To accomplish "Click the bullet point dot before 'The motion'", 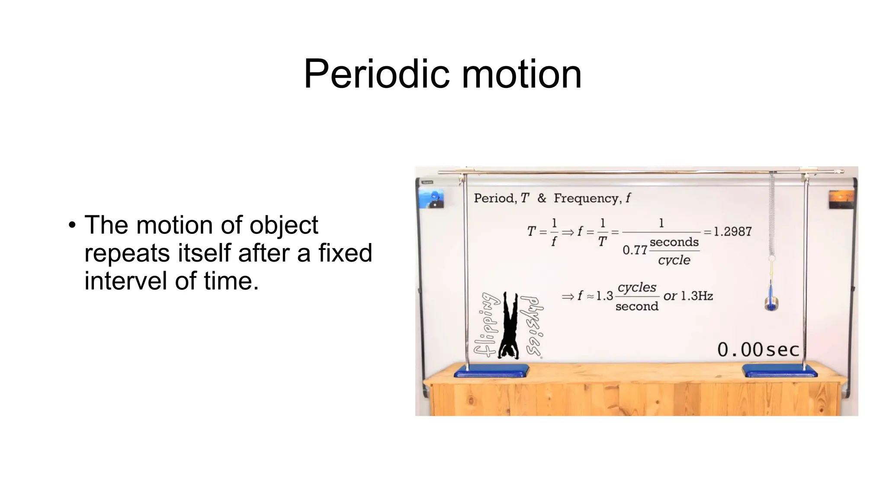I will click(x=72, y=225).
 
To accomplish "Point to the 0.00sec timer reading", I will click(x=758, y=350).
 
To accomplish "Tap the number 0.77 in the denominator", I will click(x=635, y=250).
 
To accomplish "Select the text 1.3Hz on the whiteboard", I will click(x=697, y=296).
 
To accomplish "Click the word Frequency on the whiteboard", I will click(x=587, y=198).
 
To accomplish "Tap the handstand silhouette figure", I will click(x=509, y=326).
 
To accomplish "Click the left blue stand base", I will click(x=491, y=371).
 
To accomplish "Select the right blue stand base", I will click(x=779, y=371).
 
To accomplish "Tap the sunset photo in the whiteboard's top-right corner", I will click(x=841, y=199).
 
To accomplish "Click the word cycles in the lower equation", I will click(x=637, y=288).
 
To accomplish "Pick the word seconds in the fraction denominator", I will click(x=674, y=242).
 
